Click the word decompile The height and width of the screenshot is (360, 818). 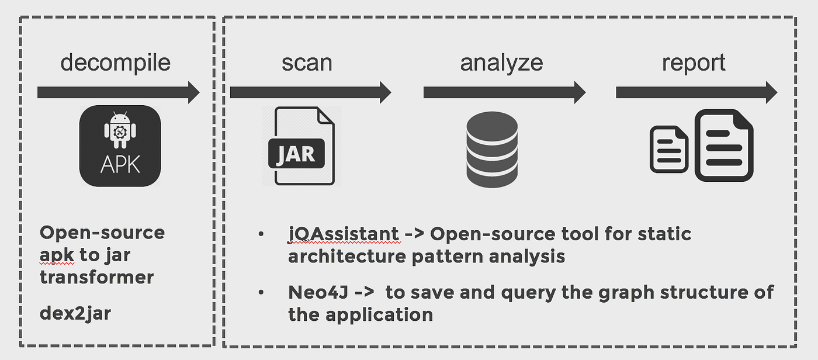(115, 63)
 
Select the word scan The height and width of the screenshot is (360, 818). (307, 63)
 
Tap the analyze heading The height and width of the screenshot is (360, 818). (501, 63)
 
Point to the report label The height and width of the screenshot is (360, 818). (694, 63)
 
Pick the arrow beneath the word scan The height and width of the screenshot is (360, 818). (310, 92)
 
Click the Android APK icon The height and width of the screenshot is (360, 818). (120, 146)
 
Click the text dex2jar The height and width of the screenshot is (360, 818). (75, 314)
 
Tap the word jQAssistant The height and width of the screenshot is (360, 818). (343, 234)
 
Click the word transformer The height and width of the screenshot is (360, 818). (96, 276)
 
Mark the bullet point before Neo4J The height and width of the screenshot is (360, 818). (261, 292)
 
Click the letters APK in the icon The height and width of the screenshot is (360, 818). (120, 165)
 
